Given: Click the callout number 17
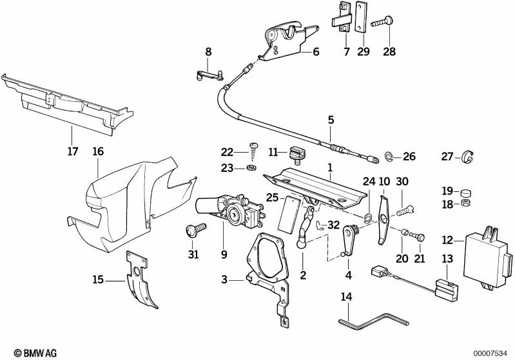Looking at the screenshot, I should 72,152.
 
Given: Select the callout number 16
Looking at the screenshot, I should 97,152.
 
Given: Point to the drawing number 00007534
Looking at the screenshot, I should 492,352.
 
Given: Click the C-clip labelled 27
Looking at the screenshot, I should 466,156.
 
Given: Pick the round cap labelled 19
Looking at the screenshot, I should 466,191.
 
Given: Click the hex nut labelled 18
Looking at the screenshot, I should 466,203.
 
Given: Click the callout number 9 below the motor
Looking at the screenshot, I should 224,254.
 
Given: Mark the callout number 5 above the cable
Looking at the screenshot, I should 331,119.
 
